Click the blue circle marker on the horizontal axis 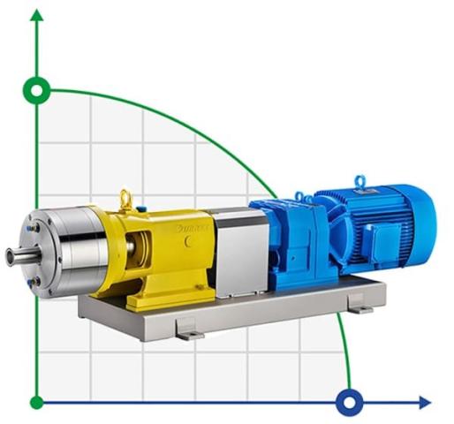click(350, 403)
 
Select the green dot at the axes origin click(36, 403)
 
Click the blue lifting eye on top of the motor click(359, 181)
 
